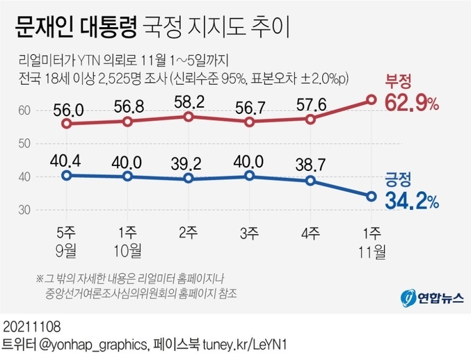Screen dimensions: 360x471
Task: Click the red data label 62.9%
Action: pos(411,104)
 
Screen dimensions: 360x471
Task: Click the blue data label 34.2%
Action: pos(411,202)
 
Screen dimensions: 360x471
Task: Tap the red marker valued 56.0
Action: pos(67,124)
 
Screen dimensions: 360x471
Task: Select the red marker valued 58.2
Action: pos(188,116)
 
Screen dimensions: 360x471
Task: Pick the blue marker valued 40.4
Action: pos(67,175)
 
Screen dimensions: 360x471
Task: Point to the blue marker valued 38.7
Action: pos(311,181)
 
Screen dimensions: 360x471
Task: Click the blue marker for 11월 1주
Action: pos(372,196)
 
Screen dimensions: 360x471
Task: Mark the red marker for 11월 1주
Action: pos(372,101)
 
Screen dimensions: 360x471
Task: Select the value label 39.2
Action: pos(188,163)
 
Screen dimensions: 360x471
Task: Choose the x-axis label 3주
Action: pos(249,231)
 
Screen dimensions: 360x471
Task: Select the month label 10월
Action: pos(127,248)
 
